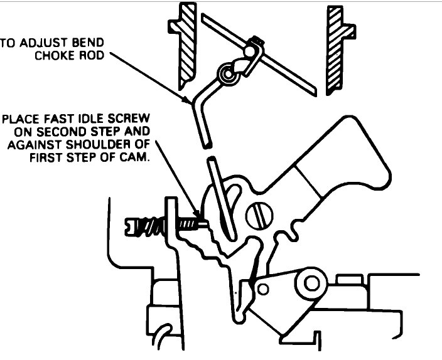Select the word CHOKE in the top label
(x=53, y=55)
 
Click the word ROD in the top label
(x=92, y=55)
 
